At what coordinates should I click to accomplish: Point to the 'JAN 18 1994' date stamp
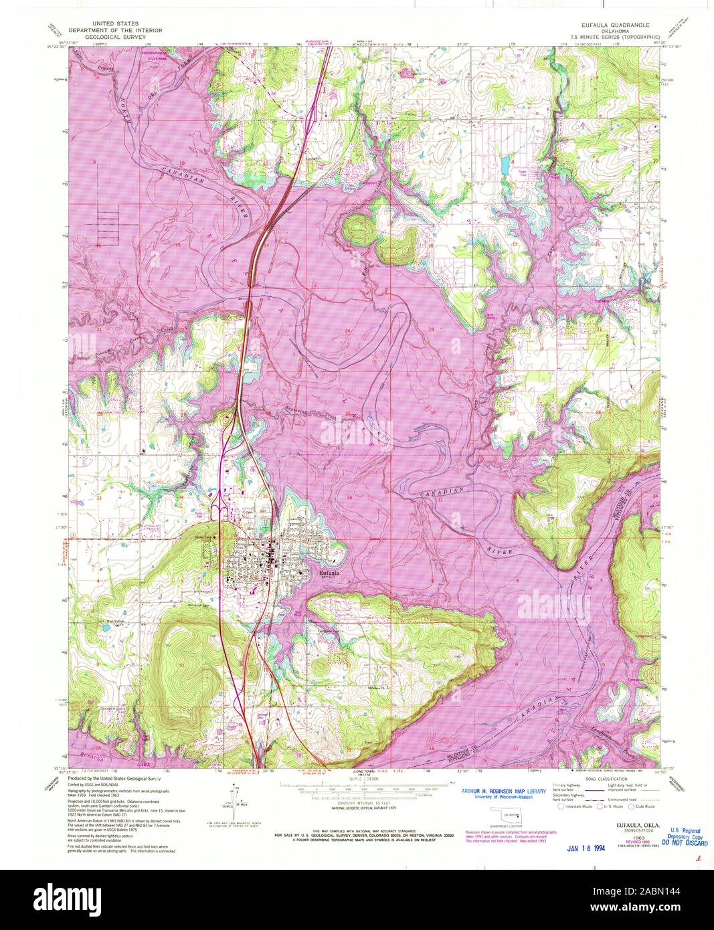click(586, 849)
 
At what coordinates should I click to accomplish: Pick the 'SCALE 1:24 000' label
click(357, 779)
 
